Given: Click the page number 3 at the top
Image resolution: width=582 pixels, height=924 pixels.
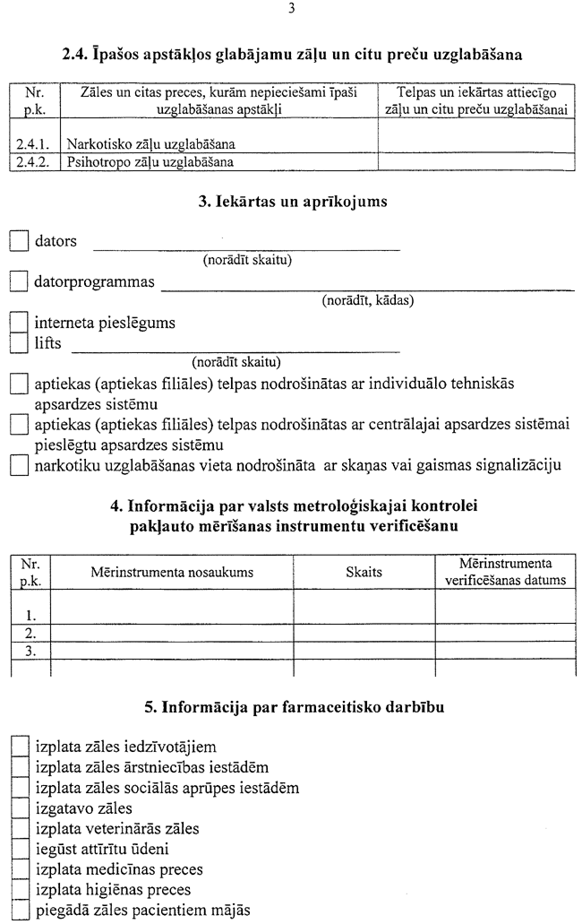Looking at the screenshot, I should coord(291,9).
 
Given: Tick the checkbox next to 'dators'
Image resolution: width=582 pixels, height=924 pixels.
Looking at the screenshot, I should coord(19,241).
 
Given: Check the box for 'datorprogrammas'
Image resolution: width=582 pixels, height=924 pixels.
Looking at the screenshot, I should coord(19,282).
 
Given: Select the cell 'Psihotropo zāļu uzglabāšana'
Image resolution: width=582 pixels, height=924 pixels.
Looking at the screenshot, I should coord(150,162).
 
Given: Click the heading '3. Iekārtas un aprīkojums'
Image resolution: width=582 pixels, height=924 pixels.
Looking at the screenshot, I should coord(292,202).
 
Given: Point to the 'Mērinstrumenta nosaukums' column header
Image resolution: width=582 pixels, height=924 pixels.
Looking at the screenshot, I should coord(172,571).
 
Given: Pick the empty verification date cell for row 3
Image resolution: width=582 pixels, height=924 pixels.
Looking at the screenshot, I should coord(505,651).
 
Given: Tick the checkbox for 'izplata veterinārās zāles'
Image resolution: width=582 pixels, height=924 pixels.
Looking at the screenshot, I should coord(20,829).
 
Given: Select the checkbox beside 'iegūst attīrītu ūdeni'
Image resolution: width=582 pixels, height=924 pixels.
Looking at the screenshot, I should coord(20,850).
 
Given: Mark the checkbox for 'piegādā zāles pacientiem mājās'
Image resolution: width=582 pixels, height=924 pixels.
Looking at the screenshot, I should coord(20,911).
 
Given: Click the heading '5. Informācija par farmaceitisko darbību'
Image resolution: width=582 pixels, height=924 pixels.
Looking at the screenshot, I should coord(292,708).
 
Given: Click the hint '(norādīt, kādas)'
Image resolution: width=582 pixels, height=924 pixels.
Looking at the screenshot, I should coord(367,301).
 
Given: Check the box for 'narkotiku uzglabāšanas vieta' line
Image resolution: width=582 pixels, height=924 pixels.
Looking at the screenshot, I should coord(19,465).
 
